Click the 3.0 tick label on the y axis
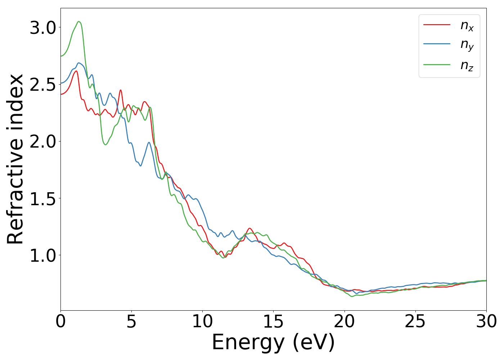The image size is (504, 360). (43, 28)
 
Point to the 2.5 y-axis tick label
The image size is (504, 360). (43, 85)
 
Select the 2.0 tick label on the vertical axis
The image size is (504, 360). (43, 141)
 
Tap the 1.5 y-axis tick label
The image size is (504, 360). (43, 198)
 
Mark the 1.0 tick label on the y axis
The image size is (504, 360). (43, 255)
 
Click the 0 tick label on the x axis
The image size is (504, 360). (60, 321)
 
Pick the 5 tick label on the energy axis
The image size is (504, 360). (131, 321)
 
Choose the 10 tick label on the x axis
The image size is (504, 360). (202, 321)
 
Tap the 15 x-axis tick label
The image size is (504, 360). (273, 321)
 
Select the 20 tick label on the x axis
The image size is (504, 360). (345, 321)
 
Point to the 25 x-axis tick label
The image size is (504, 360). (415, 321)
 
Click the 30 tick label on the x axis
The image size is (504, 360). (486, 321)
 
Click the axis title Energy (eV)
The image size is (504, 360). (273, 342)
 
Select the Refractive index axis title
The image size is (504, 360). (15, 159)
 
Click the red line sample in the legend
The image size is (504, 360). (437, 24)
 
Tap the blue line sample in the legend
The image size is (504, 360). (437, 44)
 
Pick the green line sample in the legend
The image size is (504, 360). (437, 64)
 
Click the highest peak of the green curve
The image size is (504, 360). (79, 21)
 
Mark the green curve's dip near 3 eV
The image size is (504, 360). (105, 145)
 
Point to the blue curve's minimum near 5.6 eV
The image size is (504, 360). (140, 166)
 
